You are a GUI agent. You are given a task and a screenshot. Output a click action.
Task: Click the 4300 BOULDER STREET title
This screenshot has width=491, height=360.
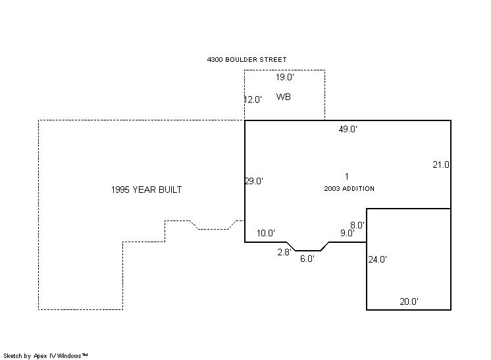[247, 59]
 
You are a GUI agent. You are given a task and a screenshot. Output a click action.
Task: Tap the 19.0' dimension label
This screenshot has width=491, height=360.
[284, 77]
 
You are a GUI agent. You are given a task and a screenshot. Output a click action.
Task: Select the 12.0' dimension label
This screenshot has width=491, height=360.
[253, 99]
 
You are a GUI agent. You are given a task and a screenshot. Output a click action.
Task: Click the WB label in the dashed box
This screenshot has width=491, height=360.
[284, 97]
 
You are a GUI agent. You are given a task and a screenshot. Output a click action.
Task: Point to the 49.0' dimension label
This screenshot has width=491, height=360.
[348, 129]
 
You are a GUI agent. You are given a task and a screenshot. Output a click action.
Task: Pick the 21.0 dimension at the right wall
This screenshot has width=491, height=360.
[441, 165]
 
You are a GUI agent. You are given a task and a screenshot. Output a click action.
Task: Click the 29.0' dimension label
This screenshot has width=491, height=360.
[254, 181]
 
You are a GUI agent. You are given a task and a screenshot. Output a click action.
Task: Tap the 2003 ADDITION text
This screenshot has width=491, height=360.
[349, 188]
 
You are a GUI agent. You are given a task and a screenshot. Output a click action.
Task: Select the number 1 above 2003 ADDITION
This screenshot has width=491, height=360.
[347, 176]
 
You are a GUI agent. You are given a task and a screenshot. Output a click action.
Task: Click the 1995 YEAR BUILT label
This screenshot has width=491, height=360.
[146, 190]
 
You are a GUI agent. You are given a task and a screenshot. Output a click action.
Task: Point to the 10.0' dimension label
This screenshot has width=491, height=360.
[266, 233]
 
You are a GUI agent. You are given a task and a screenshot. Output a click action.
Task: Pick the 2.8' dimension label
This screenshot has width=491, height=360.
[284, 252]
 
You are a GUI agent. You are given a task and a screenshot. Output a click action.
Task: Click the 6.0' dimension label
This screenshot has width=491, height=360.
[307, 259]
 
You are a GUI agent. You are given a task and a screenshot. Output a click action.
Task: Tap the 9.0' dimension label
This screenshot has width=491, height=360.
[348, 233]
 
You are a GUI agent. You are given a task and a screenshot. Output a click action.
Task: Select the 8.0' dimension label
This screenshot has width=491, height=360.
[357, 225]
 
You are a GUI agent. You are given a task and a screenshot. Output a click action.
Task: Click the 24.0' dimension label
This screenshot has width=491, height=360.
[377, 259]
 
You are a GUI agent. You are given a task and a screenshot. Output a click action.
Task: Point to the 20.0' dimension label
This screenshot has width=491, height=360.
[409, 301]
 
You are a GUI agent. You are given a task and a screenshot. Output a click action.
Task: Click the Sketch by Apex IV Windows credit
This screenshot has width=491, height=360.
[45, 356]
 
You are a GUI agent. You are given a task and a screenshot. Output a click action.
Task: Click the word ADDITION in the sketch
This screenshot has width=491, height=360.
[358, 188]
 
